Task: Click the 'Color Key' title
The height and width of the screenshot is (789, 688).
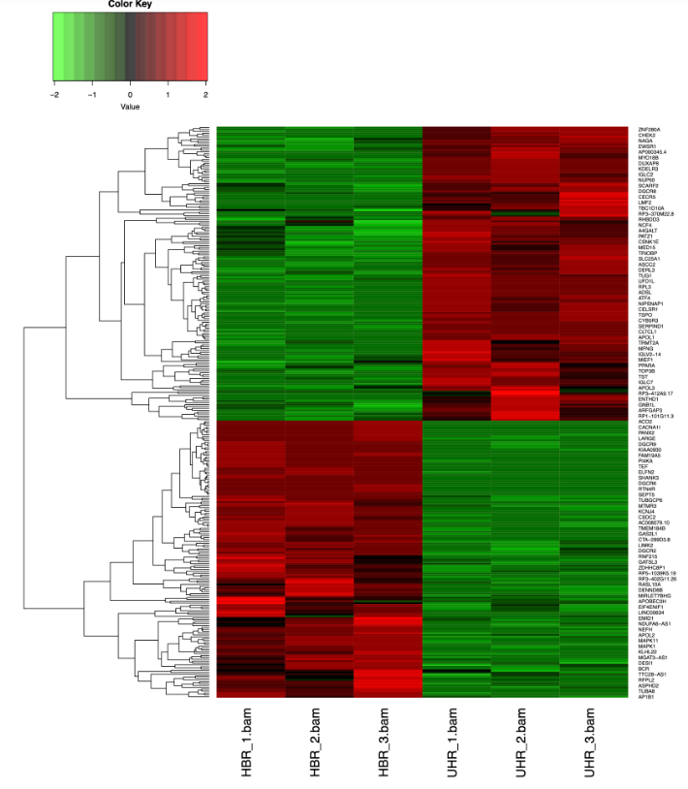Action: point(130,5)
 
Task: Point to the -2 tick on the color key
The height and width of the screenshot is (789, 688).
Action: point(54,96)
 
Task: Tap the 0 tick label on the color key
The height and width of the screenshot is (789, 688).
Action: point(130,96)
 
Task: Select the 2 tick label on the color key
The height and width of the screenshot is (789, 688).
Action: point(205,96)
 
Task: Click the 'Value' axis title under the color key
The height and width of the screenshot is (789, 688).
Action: point(130,107)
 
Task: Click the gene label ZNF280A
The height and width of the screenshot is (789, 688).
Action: point(650,129)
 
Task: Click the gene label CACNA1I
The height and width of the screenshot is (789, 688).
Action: point(649,426)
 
